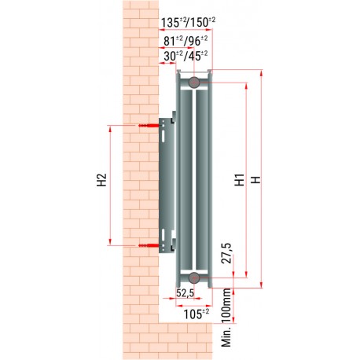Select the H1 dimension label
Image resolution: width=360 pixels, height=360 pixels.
pyautogui.click(x=240, y=180)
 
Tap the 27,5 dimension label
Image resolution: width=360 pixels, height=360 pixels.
pyautogui.click(x=226, y=253)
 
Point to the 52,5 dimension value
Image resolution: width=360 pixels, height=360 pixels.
pyautogui.click(x=185, y=293)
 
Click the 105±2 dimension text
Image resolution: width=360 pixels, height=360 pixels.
pyautogui.click(x=197, y=314)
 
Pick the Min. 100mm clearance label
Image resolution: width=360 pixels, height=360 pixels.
pyautogui.click(x=227, y=318)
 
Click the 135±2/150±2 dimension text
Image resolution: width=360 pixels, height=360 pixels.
pyautogui.click(x=188, y=23)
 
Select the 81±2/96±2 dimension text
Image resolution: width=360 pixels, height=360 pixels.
pyautogui.click(x=186, y=41)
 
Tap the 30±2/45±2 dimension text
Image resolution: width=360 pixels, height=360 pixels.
pyautogui.click(x=186, y=56)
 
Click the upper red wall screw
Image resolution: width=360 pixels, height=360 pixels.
pyautogui.click(x=149, y=126)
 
